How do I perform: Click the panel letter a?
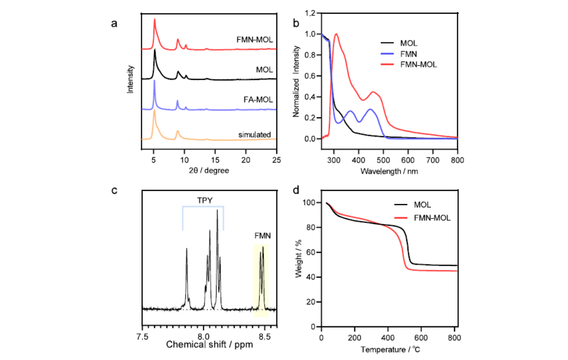114,24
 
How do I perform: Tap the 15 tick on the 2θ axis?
215,161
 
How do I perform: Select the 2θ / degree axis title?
209,170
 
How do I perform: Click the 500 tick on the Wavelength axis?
384,161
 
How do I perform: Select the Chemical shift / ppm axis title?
209,344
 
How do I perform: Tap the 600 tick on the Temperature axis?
421,337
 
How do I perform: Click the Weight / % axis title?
298,265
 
